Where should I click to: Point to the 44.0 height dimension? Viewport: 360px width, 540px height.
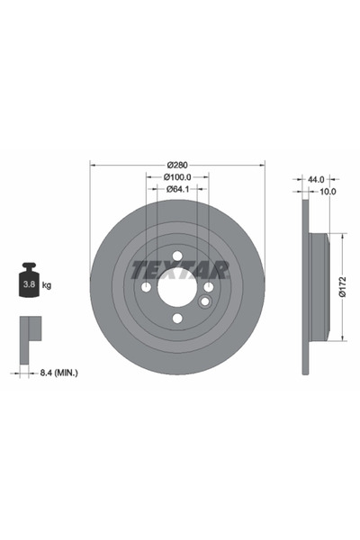[x=315, y=179]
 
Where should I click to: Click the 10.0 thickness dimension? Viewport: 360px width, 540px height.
[x=328, y=192]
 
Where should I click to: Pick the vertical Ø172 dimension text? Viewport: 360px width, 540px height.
[x=342, y=285]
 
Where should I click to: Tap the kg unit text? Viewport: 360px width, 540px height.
[x=46, y=285]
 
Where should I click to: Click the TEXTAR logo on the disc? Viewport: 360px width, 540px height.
[x=178, y=269]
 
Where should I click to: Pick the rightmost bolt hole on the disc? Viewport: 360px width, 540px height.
[x=208, y=286]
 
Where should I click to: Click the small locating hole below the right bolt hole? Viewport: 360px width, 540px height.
[x=206, y=300]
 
